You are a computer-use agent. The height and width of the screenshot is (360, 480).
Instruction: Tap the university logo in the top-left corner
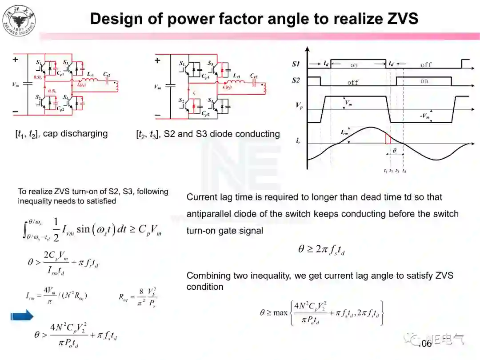point(19,20)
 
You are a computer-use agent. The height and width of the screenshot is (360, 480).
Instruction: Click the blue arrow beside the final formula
point(22,316)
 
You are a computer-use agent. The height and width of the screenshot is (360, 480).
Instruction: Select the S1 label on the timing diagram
point(296,64)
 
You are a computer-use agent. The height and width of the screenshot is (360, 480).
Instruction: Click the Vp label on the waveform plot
point(299,107)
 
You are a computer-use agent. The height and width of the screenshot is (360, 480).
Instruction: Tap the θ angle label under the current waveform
point(394,151)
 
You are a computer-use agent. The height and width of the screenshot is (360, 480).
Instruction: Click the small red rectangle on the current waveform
point(388,138)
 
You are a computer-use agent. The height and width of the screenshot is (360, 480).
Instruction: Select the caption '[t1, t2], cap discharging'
point(61,134)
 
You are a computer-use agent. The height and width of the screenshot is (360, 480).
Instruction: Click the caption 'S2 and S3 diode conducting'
point(222,134)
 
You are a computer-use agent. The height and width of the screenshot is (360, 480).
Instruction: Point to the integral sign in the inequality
point(26,230)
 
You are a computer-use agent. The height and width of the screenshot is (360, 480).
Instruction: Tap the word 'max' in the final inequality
point(280,313)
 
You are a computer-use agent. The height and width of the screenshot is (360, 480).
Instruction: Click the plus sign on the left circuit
point(16,60)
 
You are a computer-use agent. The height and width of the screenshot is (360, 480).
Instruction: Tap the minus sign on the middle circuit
point(157,115)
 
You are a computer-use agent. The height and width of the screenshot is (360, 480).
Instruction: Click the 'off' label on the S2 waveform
point(353,83)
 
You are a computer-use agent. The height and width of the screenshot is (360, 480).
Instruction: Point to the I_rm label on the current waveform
point(345,132)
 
